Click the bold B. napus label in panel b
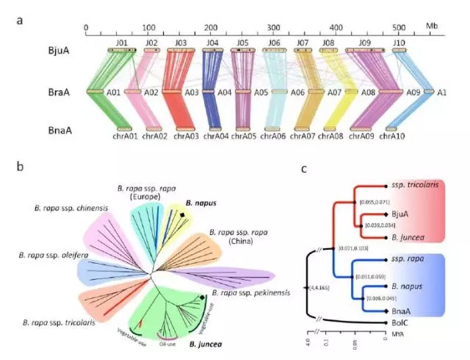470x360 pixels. point(198,201)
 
